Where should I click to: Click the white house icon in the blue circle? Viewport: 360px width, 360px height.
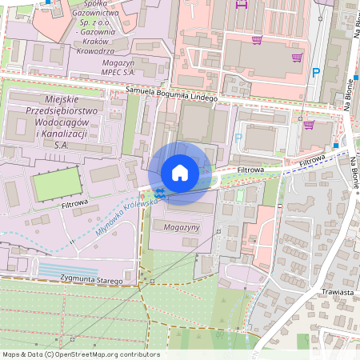click(180, 172)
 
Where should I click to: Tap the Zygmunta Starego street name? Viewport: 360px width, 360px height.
click(92, 281)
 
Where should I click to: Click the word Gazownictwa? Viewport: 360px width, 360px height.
click(96, 14)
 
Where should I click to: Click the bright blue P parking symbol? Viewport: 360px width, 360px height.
click(316, 72)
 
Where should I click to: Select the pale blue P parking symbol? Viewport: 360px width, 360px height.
click(238, 137)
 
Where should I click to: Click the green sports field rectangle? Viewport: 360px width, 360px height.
click(57, 184)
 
